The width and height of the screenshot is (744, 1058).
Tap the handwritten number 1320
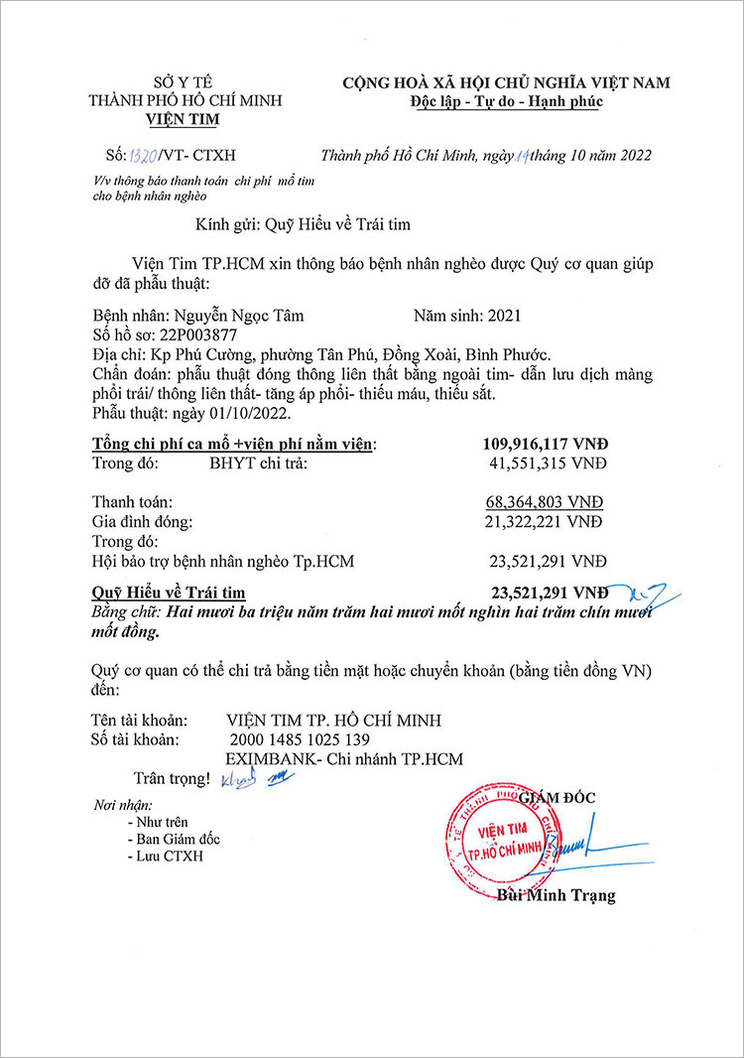[x=136, y=156]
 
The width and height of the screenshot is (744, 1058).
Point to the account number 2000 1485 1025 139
[x=300, y=739]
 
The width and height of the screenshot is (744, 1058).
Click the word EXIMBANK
[x=262, y=759]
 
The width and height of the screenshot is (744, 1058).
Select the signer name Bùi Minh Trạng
[x=556, y=895]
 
